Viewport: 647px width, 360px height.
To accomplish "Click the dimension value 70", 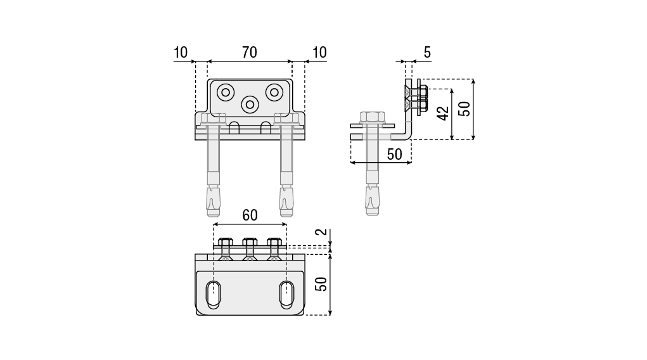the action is (250, 53).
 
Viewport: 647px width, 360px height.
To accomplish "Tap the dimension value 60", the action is (250, 215).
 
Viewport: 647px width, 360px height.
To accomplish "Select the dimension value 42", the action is (443, 113).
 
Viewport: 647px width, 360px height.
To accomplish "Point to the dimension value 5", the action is (427, 53).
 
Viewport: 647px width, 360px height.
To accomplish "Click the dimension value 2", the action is (323, 231).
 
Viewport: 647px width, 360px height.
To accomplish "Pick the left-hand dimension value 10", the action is (181, 53).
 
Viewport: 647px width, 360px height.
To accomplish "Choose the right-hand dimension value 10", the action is (319, 53).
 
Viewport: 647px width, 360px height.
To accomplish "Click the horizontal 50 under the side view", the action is (394, 154).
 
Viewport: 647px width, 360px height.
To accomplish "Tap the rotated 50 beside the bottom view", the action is (321, 284).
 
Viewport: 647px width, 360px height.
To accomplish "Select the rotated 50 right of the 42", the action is (464, 108).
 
